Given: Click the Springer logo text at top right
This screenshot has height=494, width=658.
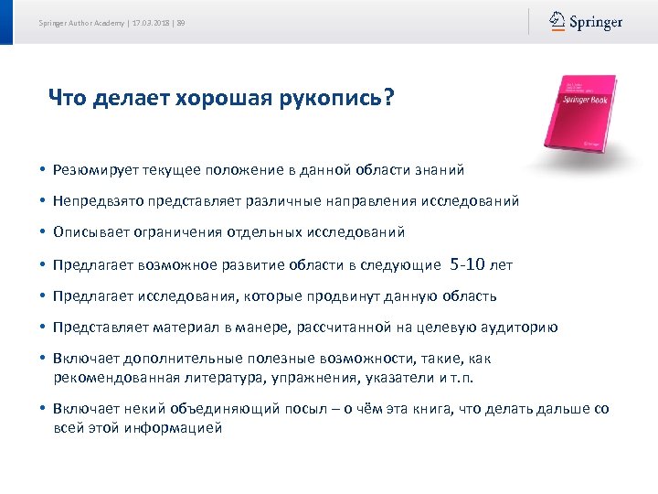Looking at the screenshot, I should point(596,22).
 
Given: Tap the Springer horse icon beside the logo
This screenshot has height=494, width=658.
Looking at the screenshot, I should point(557,21).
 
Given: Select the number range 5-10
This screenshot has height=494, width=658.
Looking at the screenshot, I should point(469,264).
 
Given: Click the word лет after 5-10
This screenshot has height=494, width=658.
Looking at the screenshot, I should point(502,265).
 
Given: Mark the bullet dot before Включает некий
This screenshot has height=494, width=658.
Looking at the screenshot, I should point(43,410).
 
